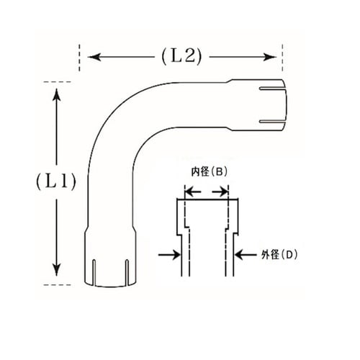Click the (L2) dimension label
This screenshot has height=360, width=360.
click(x=181, y=57)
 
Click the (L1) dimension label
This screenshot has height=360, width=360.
click(x=56, y=181)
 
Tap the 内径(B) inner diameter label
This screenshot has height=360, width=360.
click(x=209, y=172)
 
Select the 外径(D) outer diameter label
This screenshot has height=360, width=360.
click(x=279, y=255)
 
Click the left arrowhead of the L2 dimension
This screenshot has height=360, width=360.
click(x=94, y=57)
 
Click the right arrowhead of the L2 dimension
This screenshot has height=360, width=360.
click(x=270, y=57)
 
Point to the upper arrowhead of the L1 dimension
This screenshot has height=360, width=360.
click(x=57, y=95)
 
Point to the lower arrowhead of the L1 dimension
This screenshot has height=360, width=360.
click(x=56, y=269)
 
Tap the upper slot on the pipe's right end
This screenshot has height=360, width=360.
click(x=271, y=89)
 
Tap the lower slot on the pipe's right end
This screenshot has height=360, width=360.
click(x=271, y=122)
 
